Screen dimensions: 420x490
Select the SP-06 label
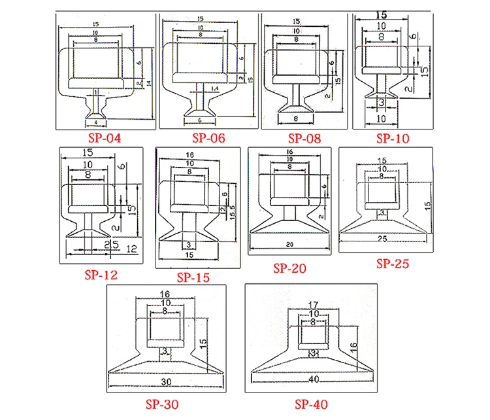[208, 138]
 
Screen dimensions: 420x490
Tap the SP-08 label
[304, 138]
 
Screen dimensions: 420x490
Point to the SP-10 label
[393, 138]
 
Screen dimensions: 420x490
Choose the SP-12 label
[101, 275]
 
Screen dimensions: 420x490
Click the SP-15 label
[193, 277]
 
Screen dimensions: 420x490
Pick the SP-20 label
[289, 268]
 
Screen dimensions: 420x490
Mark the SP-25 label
[393, 264]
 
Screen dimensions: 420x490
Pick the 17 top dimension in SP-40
[314, 304]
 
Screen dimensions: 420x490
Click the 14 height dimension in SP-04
[149, 84]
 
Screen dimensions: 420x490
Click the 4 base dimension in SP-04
[96, 122]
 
